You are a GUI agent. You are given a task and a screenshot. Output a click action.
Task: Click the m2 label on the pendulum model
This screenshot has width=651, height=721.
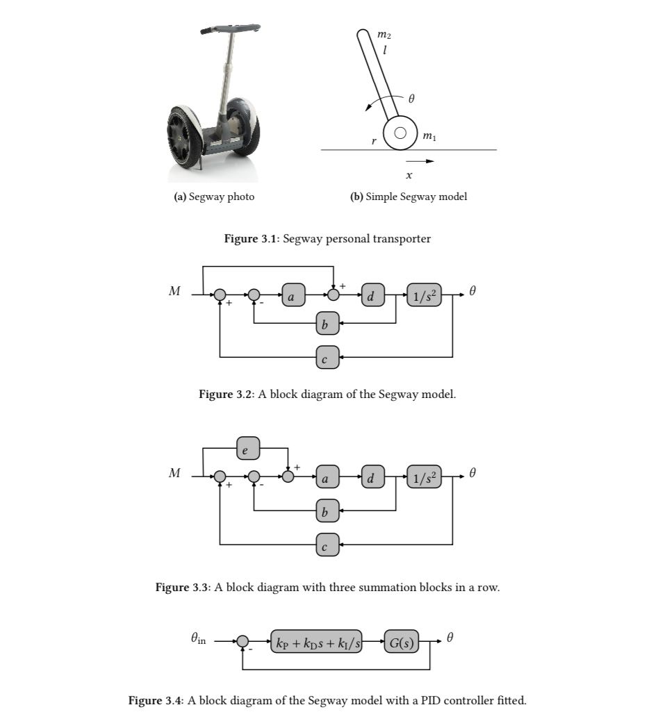[x=383, y=33]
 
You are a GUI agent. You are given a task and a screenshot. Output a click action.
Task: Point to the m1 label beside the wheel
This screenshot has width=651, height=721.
[x=429, y=137]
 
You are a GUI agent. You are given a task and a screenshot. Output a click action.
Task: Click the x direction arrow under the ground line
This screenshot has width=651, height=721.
[x=420, y=162]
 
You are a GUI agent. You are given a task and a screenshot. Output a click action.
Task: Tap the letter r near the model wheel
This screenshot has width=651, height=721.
[x=374, y=142]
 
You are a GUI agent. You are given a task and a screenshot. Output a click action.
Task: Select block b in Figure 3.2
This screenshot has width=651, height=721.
[x=327, y=323]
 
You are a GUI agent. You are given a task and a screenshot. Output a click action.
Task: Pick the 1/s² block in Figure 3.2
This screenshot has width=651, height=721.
[x=425, y=295]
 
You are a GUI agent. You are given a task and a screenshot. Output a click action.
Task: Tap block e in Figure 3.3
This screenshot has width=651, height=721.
[x=248, y=448]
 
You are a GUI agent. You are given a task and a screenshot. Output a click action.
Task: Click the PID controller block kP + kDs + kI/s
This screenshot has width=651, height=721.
[x=319, y=643]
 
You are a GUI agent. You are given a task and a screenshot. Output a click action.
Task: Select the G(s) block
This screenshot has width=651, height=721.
[x=402, y=643]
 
